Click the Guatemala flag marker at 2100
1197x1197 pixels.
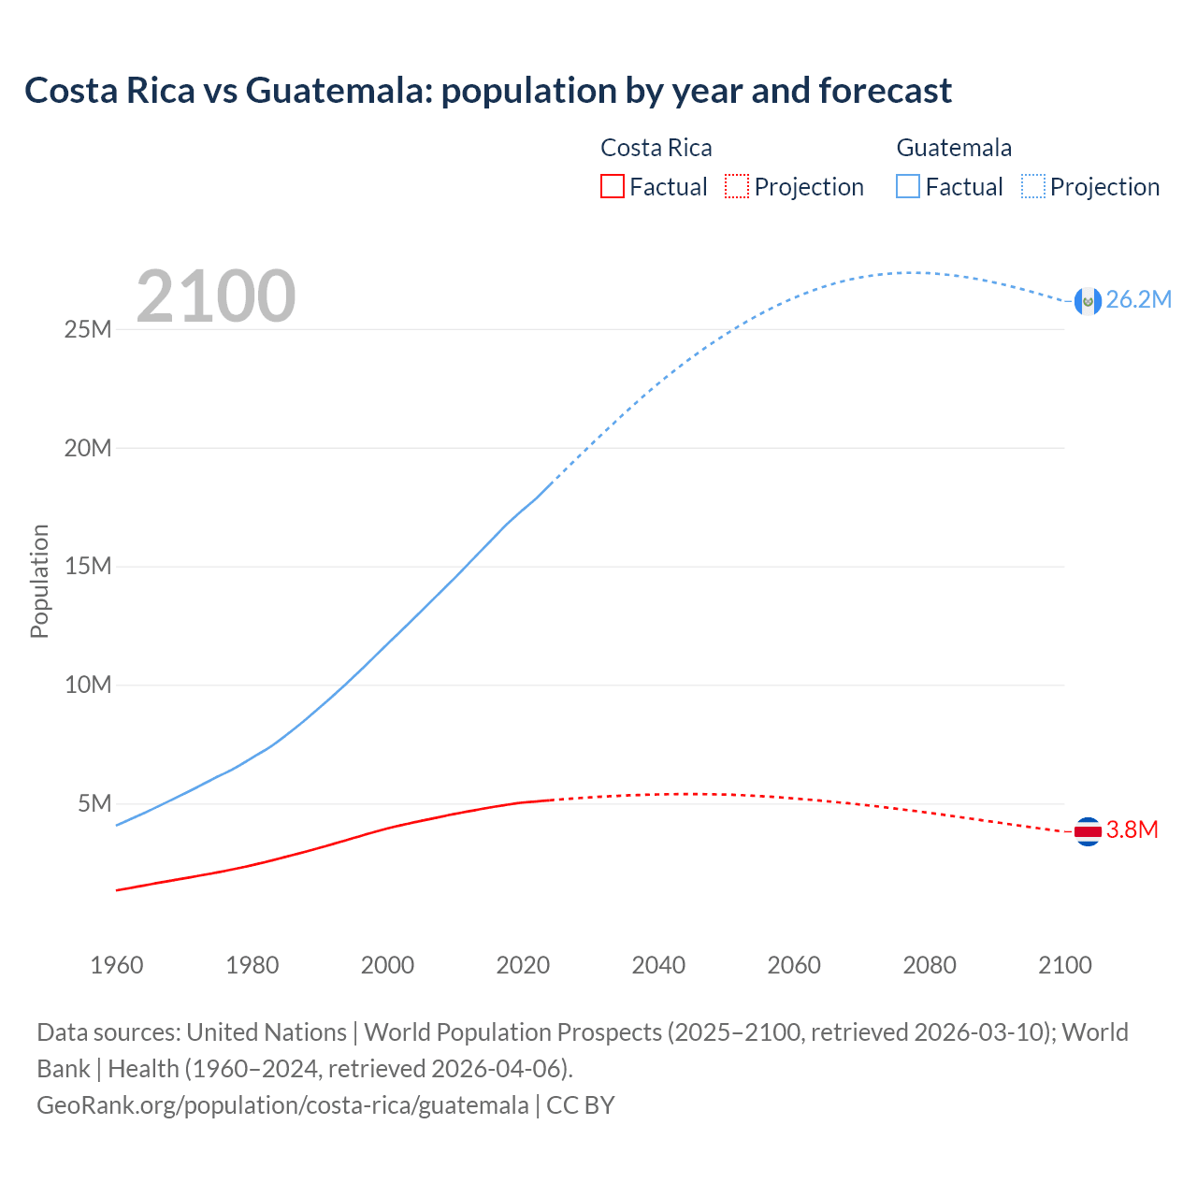[x=1088, y=301]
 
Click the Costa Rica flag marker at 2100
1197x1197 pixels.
[x=1088, y=830]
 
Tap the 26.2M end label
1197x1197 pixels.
[x=1138, y=300]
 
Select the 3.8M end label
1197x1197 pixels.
[x=1132, y=830]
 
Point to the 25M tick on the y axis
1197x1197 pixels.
[x=88, y=330]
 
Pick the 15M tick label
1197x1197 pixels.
[x=88, y=567]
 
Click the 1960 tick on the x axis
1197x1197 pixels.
[x=117, y=965]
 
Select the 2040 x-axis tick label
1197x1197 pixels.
[x=658, y=965]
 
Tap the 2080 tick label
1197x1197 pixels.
[x=930, y=965]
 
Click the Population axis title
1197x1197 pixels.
[x=39, y=582]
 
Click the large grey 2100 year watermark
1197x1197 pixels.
[x=216, y=297]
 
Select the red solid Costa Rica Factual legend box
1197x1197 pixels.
[x=612, y=187]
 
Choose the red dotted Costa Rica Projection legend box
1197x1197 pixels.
[x=737, y=187]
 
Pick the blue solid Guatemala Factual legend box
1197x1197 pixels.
[x=908, y=187]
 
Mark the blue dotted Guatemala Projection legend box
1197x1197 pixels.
[x=1032, y=187]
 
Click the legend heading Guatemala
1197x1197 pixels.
[x=954, y=148]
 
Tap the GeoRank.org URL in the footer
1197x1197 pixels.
[x=282, y=1105]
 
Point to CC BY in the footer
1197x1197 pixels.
[x=581, y=1105]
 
